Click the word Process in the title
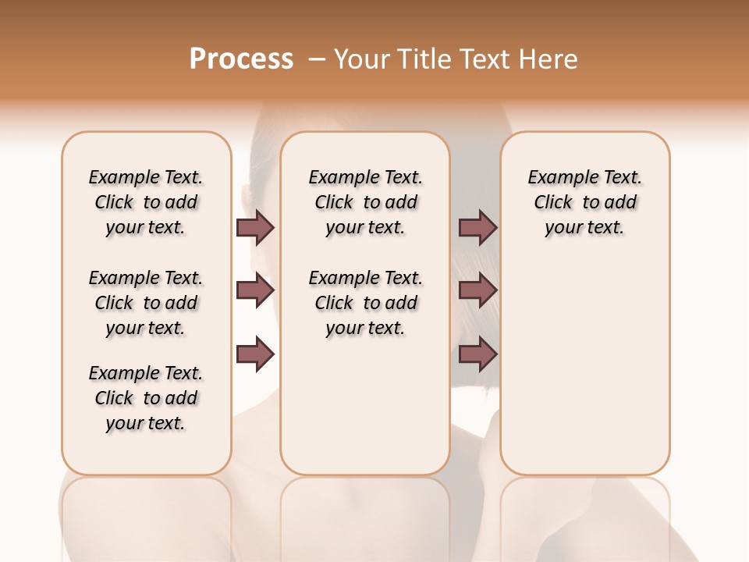[241, 59]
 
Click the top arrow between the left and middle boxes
[255, 228]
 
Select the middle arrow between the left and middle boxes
[255, 291]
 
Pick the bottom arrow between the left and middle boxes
[255, 354]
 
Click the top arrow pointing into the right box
[477, 228]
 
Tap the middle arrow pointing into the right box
[477, 291]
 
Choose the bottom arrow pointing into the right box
[477, 354]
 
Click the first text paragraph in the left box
[146, 202]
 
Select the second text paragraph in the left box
[146, 303]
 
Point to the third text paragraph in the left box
[146, 398]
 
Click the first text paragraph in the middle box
[365, 202]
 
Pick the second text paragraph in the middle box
[365, 303]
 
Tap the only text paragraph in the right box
[584, 202]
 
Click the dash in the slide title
[317, 59]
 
